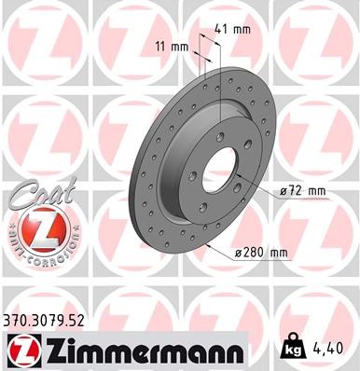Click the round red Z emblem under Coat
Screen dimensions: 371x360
point(35,230)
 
